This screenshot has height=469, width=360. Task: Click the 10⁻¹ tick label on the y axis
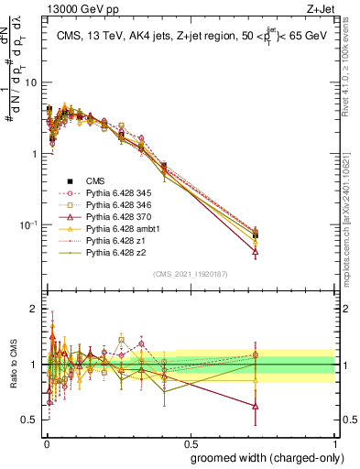27,225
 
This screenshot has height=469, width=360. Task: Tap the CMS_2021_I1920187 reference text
191,274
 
